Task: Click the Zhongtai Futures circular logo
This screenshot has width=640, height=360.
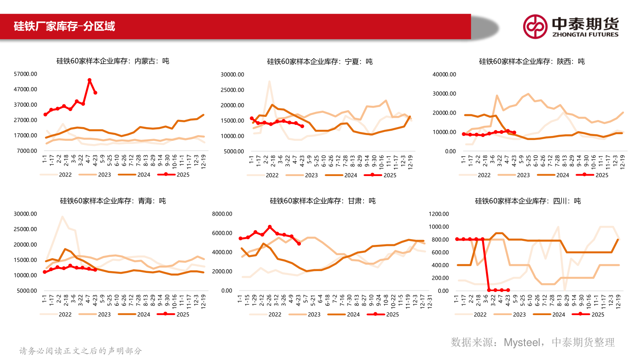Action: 535,26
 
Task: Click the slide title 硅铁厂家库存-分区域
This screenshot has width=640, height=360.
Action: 64,26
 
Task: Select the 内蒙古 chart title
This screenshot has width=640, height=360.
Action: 112,61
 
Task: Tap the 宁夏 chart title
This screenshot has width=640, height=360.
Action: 320,62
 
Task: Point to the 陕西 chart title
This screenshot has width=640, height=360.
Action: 532,62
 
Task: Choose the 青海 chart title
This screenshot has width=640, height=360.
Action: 112,201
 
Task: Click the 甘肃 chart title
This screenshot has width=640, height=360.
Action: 323,201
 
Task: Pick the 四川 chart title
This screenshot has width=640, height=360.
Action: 528,201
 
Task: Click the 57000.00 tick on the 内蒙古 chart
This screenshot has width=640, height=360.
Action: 26,74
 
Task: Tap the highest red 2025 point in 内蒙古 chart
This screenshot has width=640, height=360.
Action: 89,80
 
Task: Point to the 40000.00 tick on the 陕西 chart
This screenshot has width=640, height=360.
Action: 445,75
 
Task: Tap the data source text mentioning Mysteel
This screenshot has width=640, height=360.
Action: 532,342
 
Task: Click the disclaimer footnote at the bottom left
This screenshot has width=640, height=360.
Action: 80,351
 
